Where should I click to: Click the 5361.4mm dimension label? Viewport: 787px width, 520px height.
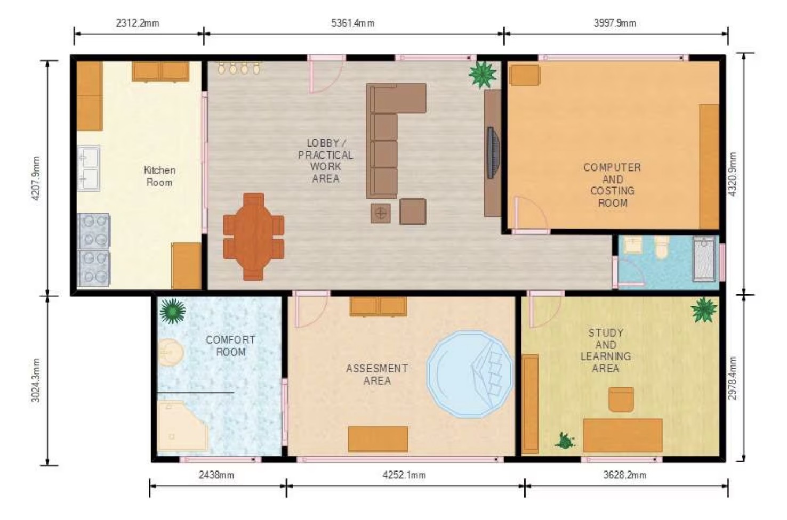(x=352, y=23)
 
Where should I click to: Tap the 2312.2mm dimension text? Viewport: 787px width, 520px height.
(x=137, y=23)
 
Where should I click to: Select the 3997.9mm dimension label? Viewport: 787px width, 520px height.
(x=614, y=23)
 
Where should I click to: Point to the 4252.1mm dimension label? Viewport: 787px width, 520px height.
(x=404, y=475)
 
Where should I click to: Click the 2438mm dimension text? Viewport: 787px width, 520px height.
(x=216, y=475)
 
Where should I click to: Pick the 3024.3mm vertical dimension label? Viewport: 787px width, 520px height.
(x=36, y=380)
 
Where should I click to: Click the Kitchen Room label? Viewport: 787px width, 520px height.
(x=159, y=176)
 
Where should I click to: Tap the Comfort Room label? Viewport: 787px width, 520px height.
(x=230, y=346)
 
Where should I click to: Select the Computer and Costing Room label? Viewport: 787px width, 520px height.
(x=612, y=185)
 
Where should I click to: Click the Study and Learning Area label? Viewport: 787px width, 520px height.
(x=605, y=350)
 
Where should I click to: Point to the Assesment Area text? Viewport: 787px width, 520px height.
(x=377, y=374)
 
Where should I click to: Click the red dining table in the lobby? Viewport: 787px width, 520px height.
(x=253, y=236)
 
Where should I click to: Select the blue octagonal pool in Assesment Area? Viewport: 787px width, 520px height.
(x=469, y=374)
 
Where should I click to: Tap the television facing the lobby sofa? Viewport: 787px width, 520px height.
(x=493, y=153)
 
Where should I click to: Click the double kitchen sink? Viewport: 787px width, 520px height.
(x=89, y=168)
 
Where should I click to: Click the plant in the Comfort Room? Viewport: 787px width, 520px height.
(x=172, y=311)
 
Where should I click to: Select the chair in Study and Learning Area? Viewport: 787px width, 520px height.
(x=621, y=400)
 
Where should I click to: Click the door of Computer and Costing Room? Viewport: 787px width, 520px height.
(x=529, y=216)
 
